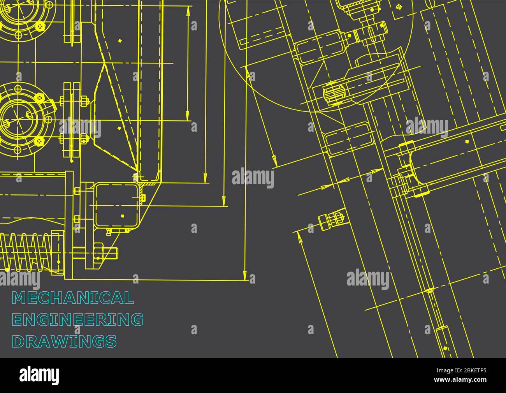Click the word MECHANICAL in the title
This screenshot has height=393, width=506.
coord(73,298)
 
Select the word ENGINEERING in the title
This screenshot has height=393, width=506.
coord(78,319)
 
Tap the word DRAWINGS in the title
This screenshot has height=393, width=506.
coord(65,341)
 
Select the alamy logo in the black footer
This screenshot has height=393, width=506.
coord(39,375)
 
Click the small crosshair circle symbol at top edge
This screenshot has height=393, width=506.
coord(398,7)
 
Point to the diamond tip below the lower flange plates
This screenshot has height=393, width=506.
coord(72,160)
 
